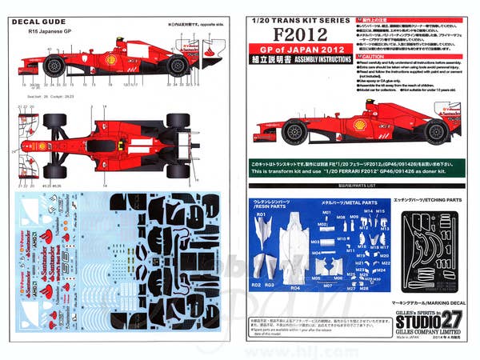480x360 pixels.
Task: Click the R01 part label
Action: click(x=261, y=215)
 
